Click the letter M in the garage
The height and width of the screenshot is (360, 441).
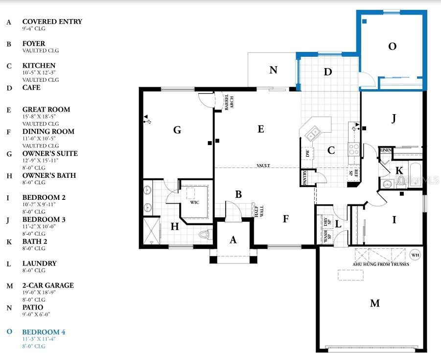click(x=374, y=303)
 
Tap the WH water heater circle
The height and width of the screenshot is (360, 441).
click(x=415, y=255)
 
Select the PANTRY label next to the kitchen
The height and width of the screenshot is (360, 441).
click(x=305, y=177)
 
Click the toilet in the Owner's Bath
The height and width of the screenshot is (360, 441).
click(x=206, y=235)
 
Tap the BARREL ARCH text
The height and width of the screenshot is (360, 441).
click(x=229, y=101)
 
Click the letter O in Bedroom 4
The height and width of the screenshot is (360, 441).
click(x=392, y=47)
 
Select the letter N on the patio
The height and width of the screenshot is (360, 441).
click(x=273, y=70)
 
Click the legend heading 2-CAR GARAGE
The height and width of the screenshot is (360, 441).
click(x=48, y=286)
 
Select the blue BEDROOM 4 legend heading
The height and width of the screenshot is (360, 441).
click(x=44, y=332)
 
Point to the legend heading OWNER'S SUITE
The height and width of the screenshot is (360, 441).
click(x=50, y=153)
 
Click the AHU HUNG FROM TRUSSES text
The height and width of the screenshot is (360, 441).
click(x=381, y=264)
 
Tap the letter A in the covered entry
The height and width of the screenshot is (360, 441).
click(x=233, y=240)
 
